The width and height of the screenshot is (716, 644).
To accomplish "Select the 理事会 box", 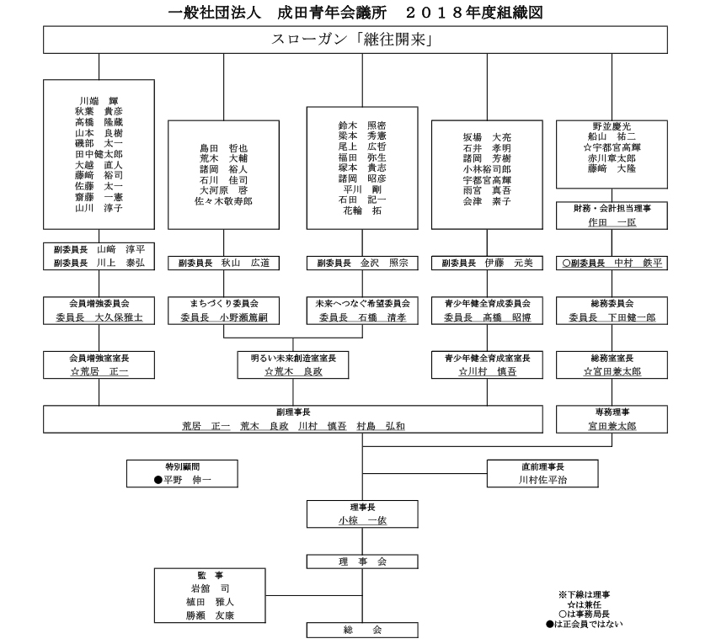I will click(x=362, y=561).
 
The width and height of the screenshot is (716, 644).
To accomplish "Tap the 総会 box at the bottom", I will click(x=362, y=630).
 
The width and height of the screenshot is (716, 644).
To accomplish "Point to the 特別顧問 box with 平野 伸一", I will click(x=182, y=473).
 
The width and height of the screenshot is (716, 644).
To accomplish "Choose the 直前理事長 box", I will click(x=542, y=473).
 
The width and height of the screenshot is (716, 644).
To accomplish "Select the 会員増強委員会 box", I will click(x=99, y=311).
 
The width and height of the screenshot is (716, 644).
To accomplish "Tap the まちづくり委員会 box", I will click(x=224, y=311).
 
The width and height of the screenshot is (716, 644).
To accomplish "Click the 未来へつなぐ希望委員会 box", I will click(x=362, y=311).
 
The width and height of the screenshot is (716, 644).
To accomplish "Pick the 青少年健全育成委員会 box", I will click(x=487, y=311).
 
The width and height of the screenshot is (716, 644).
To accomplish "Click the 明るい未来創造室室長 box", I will click(x=293, y=365).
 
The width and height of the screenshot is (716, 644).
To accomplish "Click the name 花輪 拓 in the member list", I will click(x=362, y=210).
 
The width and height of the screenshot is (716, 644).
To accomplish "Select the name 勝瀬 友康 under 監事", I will click(x=210, y=615).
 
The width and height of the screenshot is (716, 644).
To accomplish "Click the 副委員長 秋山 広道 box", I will click(x=224, y=263).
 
